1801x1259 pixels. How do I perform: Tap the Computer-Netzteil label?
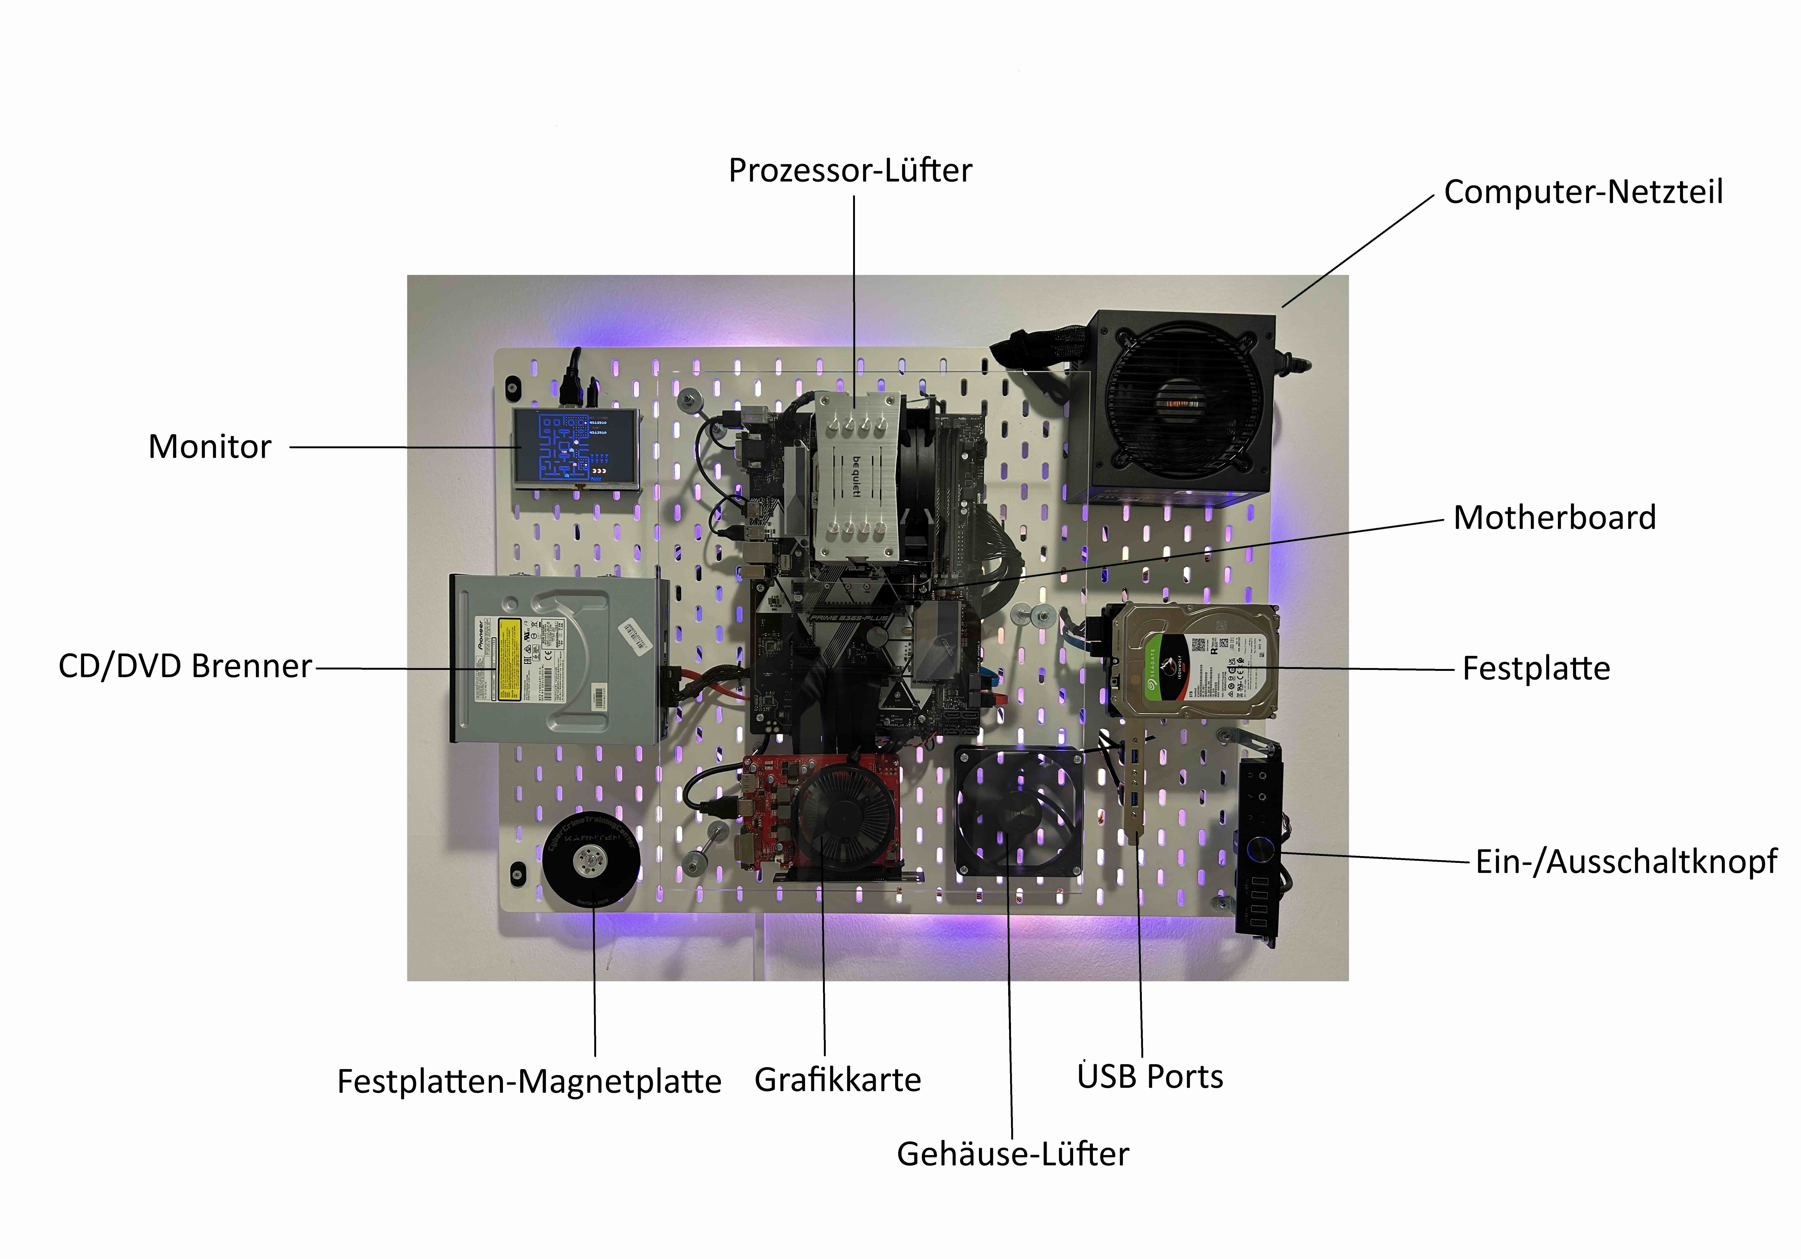[x=1583, y=192]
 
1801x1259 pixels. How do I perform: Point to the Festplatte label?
[x=1536, y=668]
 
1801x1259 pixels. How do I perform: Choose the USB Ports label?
[x=1150, y=1077]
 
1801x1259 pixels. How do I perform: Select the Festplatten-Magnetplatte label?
[x=529, y=1082]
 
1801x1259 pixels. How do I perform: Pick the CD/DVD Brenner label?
[x=185, y=667]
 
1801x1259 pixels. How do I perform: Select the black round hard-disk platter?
[x=591, y=861]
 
